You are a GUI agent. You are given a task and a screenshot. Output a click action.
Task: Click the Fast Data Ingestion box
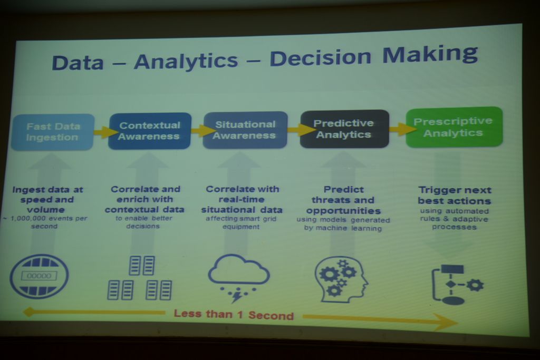coord(53,132)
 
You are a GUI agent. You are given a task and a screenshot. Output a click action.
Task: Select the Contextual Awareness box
coord(150,131)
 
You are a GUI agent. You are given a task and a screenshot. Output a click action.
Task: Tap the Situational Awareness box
coord(245,130)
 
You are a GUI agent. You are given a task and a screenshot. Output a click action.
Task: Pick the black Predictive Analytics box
coord(344,129)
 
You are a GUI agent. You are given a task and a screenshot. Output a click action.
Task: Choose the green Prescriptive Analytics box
coord(454,127)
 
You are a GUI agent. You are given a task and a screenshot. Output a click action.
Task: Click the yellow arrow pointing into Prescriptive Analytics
coord(402,129)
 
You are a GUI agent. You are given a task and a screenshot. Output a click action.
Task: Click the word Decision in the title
coord(321,57)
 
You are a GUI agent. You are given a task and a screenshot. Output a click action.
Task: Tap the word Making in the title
coord(430,54)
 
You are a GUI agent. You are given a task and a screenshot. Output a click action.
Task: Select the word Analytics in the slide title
coord(186,61)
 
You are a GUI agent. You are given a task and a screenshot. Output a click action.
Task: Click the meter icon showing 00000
coord(39,276)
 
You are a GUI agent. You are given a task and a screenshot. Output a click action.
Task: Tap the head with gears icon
coord(341,279)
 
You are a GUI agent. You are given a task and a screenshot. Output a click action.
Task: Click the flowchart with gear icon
coord(457,284)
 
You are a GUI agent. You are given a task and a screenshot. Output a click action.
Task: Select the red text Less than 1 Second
coord(234,315)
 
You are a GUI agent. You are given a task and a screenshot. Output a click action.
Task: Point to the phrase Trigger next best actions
coord(455,196)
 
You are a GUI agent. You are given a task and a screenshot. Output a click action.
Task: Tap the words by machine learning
coord(343,228)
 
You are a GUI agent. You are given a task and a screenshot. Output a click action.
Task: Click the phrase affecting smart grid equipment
coord(241,222)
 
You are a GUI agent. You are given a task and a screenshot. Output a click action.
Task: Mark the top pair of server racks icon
coord(141,265)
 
